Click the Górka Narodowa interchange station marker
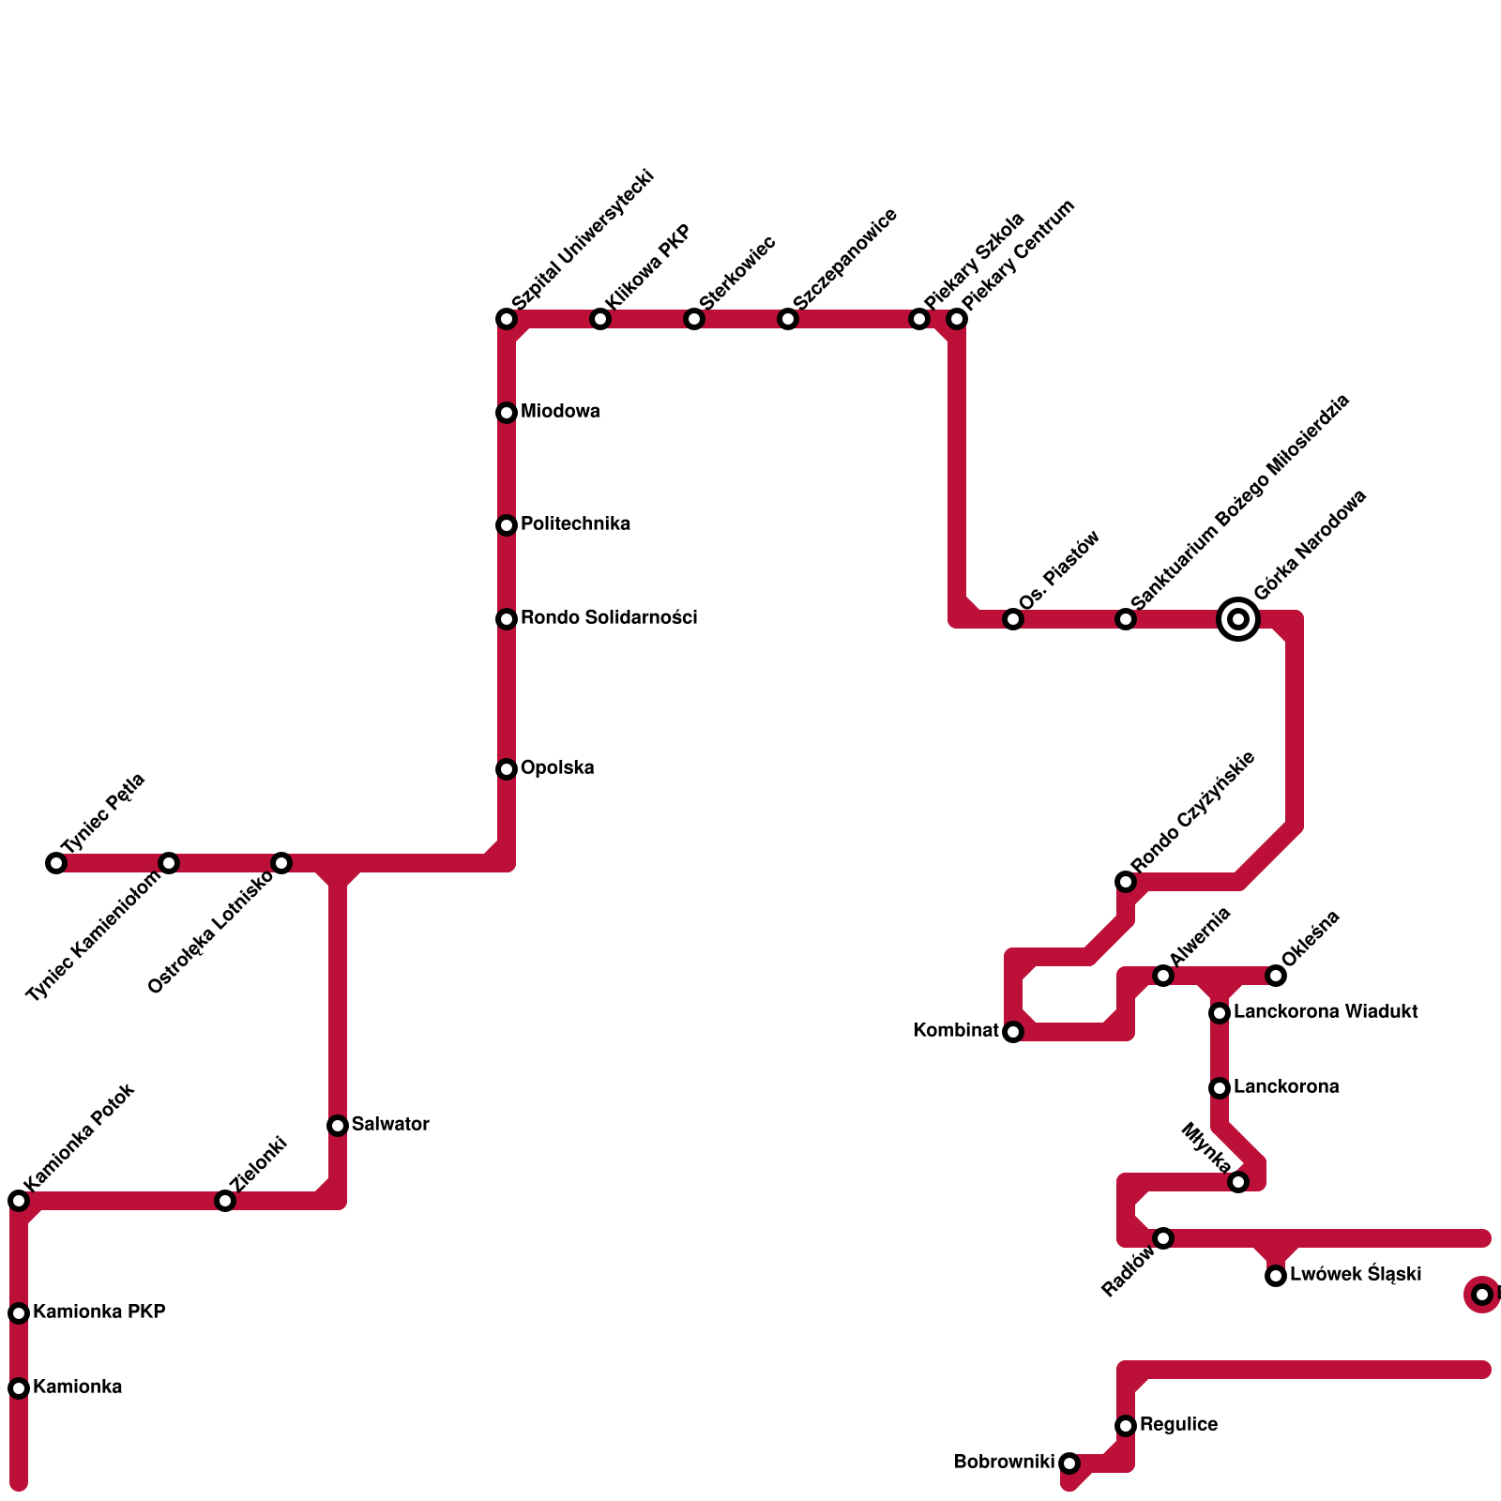coord(1238,619)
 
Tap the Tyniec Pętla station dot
coord(56,863)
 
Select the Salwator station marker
coord(338,1126)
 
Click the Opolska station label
coord(557,768)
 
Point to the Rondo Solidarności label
coord(609,618)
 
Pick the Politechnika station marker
coord(507,525)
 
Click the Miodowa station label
coord(560,412)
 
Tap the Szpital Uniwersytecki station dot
coord(507,319)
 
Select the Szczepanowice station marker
coord(788,319)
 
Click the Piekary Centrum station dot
coord(957,319)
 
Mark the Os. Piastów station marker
coord(1013,619)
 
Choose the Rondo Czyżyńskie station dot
coord(1126,882)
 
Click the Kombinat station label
coord(956,1031)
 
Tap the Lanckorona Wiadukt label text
coord(1326,1012)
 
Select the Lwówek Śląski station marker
coord(1276,1276)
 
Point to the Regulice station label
coord(1178,1425)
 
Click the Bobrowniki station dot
coord(1069,1463)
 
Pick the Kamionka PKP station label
coord(99,1312)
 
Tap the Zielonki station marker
coord(225,1201)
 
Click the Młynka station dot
coord(1238,1182)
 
